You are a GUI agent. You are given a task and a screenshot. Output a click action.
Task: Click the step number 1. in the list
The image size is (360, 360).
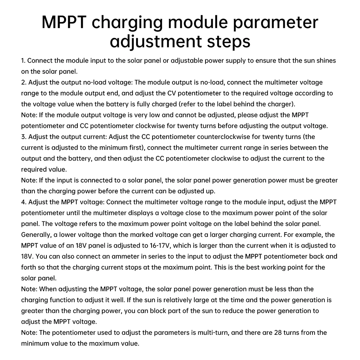coord(23,60)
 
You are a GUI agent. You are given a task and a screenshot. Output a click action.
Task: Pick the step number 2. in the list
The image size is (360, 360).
coord(24,82)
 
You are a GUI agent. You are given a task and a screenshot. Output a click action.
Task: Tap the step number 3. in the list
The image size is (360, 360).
coord(24,137)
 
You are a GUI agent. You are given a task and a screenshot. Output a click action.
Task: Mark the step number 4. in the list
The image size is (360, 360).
coord(24,202)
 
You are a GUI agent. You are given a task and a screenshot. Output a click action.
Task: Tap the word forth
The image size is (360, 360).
coord(29,267)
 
